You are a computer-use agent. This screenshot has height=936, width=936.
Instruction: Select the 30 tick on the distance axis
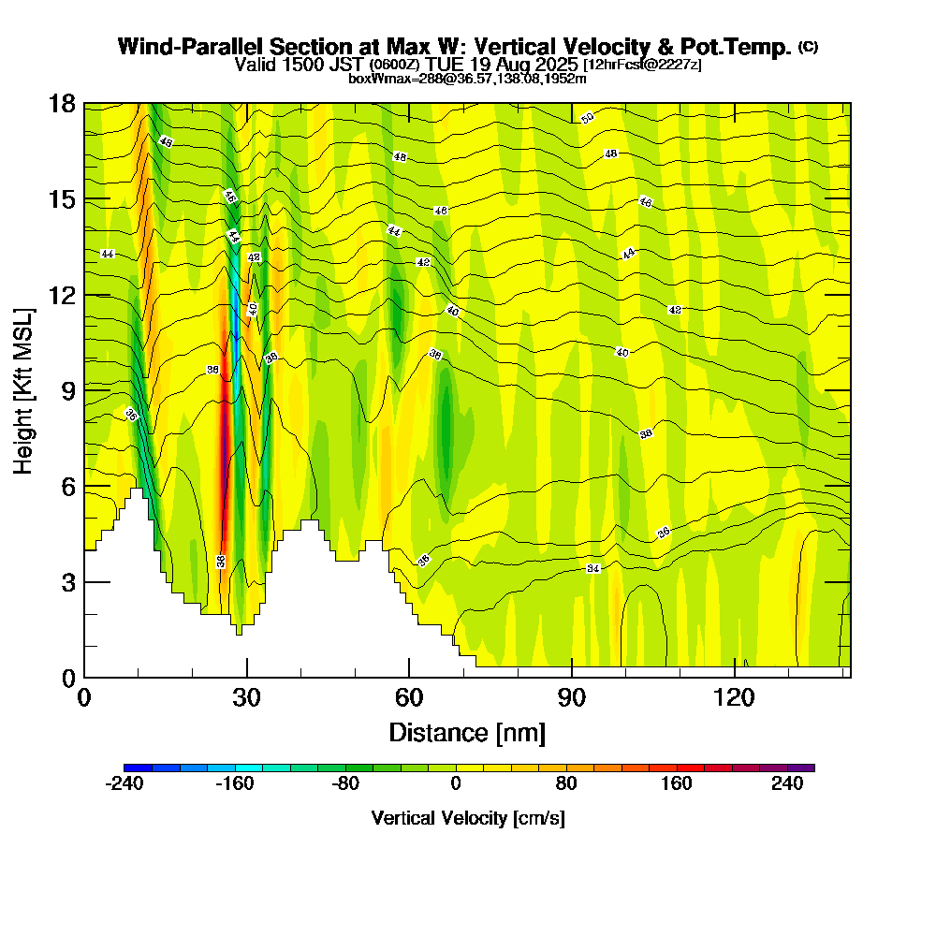click(247, 677)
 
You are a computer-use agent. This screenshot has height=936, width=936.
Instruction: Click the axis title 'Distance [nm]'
click(467, 732)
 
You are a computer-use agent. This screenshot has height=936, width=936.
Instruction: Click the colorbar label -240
click(124, 783)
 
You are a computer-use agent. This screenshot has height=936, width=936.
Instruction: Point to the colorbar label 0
click(456, 783)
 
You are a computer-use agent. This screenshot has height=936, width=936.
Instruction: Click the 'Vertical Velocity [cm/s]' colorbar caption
click(467, 818)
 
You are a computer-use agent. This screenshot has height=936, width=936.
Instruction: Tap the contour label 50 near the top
click(587, 118)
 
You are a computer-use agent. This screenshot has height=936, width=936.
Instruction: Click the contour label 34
click(592, 569)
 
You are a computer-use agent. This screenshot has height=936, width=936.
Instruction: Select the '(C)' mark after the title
click(809, 46)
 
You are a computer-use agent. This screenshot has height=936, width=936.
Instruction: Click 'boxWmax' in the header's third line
click(373, 79)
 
